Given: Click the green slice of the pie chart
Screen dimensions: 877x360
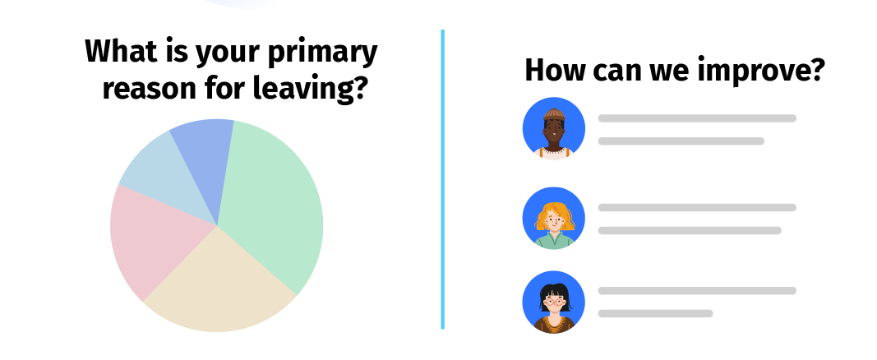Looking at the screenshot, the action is (x=271, y=205).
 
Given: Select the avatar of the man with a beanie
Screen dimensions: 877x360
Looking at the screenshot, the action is (x=553, y=129).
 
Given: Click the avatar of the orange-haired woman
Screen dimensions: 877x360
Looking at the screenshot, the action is (x=553, y=218).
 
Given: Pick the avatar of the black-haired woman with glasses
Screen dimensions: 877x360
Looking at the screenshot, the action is (x=553, y=302).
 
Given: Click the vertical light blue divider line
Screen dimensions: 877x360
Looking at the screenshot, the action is (x=442, y=181).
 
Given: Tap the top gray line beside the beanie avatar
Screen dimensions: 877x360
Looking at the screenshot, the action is (x=696, y=118).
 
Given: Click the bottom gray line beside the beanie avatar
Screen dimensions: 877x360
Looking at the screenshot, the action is (x=681, y=141).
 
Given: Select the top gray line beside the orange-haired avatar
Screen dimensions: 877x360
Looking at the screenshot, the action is (x=696, y=207).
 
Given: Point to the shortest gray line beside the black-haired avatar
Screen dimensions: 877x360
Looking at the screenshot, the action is (x=655, y=313).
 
